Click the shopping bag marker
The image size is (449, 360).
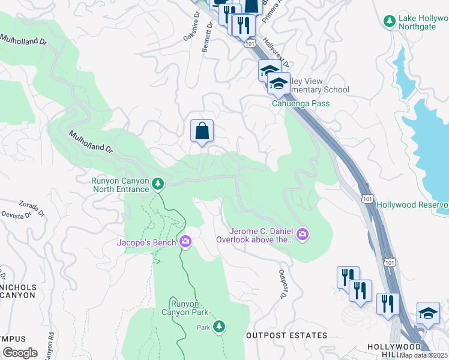pos(202,131)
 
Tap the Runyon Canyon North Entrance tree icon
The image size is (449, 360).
pos(158,182)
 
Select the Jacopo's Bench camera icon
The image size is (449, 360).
pos(185,242)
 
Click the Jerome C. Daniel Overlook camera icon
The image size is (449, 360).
pos(303,233)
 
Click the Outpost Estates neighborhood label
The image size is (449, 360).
pos(287,335)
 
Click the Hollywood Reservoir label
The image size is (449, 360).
pos(413,205)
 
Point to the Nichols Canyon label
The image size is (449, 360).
pos(18,291)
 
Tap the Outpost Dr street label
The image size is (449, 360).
pos(282,283)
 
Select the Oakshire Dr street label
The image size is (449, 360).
pos(190,32)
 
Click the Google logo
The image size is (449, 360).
pos(20,353)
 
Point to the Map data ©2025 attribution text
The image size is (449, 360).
pos(424,355)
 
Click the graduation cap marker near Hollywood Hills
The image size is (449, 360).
pos(428,314)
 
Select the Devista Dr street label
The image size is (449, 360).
pos(17,214)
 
